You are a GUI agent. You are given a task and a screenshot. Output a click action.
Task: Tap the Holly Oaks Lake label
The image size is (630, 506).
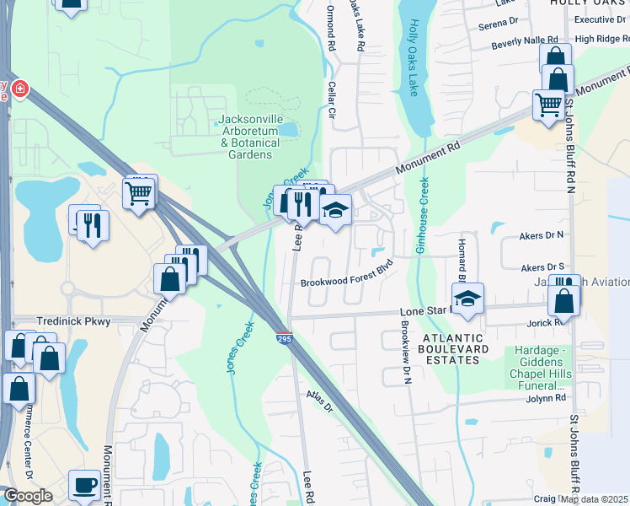(413, 59)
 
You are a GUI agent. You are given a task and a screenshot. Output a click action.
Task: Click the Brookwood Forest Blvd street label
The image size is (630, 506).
(347, 283)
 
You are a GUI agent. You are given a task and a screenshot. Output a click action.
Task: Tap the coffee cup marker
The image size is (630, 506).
(84, 485)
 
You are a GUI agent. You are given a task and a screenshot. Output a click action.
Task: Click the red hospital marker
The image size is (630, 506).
(18, 88)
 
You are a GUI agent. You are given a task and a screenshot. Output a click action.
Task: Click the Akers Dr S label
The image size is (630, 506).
(543, 267)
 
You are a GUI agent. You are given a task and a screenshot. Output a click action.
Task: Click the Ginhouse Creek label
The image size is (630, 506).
(421, 216)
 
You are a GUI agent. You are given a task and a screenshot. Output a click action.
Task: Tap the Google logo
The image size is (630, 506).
(28, 496)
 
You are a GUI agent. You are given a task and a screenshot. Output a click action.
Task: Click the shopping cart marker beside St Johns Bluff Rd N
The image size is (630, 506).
(548, 105)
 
